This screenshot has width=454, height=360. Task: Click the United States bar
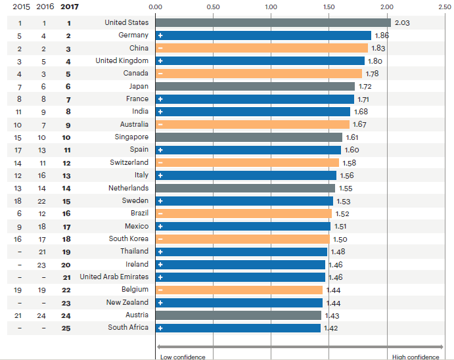[x=273, y=22]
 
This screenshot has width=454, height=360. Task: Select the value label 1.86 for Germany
[x=380, y=35]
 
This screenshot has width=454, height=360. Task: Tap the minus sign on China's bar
[x=160, y=48]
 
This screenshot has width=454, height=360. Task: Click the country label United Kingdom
[x=122, y=60]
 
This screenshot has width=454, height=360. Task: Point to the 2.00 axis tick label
[x=386, y=7]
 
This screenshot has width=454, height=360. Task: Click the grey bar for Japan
[x=255, y=86]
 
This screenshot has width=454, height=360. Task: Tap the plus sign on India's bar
[x=160, y=112]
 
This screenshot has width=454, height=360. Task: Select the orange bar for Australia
[x=252, y=124]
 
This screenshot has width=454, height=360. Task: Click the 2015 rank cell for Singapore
[x=18, y=137]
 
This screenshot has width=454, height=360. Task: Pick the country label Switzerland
[x=129, y=162]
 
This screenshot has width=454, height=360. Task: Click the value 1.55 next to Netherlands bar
[x=345, y=188]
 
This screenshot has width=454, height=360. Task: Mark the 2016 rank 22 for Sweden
[x=43, y=200]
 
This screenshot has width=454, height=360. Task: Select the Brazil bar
[x=244, y=214]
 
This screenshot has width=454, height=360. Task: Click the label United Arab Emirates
[x=114, y=277]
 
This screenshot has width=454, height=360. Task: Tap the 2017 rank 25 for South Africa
[x=66, y=327]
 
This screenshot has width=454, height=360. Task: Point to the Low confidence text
[x=183, y=357]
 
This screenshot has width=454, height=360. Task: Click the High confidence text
[x=416, y=357]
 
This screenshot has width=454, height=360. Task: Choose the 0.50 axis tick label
[x=213, y=7]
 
